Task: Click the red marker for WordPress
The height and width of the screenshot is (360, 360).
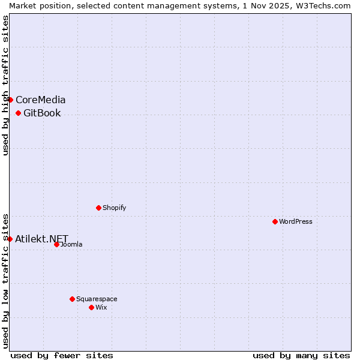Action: (275, 221)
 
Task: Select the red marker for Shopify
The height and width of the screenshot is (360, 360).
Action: (99, 208)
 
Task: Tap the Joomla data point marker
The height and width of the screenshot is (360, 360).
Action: (57, 244)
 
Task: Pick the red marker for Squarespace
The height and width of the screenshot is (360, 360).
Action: (73, 299)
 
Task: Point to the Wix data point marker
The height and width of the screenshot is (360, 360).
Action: (92, 307)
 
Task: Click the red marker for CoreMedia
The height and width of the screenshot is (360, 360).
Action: (10, 100)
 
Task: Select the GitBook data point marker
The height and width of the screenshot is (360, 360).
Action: (19, 113)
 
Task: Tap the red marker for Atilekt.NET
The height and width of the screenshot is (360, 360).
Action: (10, 239)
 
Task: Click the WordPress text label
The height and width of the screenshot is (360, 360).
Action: (296, 221)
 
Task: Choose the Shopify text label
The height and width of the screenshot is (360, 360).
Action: (115, 208)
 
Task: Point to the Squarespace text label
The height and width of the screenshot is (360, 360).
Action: (97, 299)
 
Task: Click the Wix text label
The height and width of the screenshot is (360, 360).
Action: (101, 307)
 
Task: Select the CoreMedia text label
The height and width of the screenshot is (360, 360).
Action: (41, 100)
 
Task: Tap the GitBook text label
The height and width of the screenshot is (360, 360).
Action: (42, 113)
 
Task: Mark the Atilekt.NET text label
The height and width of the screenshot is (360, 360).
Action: (42, 239)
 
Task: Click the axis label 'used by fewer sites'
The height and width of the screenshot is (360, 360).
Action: (62, 355)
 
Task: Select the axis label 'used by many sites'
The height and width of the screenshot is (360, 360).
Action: (301, 355)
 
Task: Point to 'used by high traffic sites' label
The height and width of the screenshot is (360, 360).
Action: (5, 85)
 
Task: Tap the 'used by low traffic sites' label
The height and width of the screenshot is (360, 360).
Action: (5, 280)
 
